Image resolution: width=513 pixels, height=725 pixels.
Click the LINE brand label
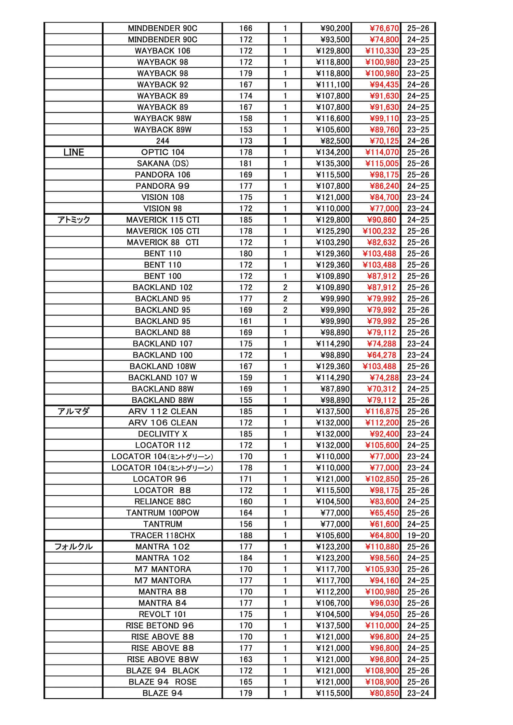(x=74, y=152)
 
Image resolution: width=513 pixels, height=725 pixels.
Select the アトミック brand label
(x=74, y=220)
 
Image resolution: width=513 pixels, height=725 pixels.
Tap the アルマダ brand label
(x=74, y=411)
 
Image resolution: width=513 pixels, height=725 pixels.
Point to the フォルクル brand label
(x=74, y=547)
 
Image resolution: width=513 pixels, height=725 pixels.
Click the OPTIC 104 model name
(x=162, y=152)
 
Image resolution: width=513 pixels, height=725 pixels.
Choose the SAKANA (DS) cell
(x=162, y=164)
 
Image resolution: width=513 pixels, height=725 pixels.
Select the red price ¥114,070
(x=382, y=152)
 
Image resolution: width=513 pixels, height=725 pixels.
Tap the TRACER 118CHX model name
(x=162, y=535)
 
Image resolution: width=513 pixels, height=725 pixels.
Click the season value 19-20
(x=418, y=535)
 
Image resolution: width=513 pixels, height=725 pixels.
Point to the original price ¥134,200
(x=333, y=152)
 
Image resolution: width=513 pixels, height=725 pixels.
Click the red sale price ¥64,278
(x=381, y=355)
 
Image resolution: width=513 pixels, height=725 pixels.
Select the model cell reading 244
(x=162, y=141)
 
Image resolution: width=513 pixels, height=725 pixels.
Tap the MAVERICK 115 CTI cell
(x=162, y=220)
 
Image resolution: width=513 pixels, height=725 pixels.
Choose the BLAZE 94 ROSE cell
(x=162, y=682)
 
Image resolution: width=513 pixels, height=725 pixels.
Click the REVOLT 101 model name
(x=162, y=614)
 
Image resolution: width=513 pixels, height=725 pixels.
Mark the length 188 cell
(x=246, y=535)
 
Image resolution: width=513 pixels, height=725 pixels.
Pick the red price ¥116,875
(x=382, y=411)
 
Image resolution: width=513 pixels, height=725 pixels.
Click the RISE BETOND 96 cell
(x=160, y=626)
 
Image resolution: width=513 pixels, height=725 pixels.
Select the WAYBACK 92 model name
(x=162, y=85)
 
